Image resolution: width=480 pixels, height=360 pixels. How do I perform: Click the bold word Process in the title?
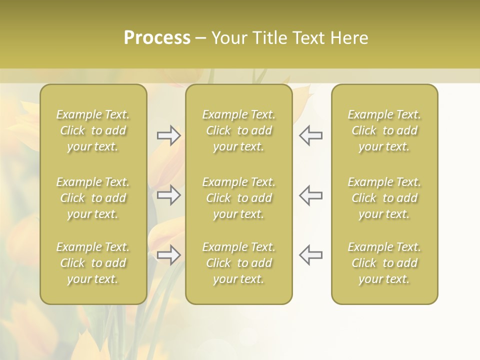(157, 38)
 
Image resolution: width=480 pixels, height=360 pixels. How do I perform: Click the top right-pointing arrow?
(168, 135)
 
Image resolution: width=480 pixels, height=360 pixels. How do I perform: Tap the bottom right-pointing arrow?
(168, 255)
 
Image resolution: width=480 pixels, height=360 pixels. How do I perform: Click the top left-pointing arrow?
(311, 135)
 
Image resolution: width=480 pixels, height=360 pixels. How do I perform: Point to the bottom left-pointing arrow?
(311, 255)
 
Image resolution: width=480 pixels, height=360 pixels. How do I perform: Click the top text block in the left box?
(93, 130)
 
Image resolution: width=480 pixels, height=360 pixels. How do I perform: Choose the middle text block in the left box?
(93, 198)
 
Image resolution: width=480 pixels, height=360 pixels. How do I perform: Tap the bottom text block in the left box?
(93, 263)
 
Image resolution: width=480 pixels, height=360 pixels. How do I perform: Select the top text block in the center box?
(239, 130)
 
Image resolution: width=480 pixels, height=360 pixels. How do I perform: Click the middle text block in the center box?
(239, 198)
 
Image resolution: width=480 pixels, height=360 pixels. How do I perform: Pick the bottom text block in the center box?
(239, 263)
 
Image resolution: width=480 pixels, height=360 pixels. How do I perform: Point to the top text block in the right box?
(384, 130)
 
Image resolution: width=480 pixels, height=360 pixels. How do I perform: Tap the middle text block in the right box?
(384, 198)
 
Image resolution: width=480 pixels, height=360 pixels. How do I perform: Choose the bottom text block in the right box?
(384, 263)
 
